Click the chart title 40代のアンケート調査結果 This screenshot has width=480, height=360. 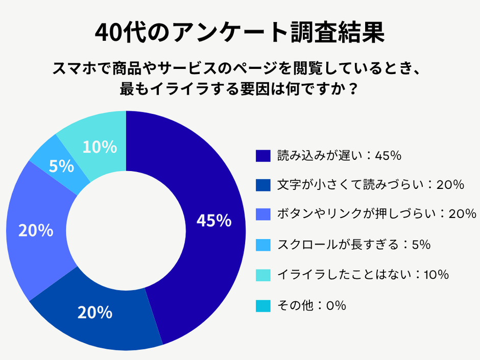point(239,33)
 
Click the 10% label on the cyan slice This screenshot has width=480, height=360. point(100,147)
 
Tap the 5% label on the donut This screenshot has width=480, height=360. point(62,166)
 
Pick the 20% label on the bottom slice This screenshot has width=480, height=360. point(95,313)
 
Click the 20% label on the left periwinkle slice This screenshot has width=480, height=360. point(36,231)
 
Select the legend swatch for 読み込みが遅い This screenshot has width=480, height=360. point(262,156)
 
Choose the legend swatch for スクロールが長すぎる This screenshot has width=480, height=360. point(262,245)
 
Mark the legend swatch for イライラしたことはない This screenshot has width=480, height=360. point(262,275)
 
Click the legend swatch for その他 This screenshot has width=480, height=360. point(262,305)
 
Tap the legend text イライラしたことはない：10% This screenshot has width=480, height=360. point(363,275)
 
